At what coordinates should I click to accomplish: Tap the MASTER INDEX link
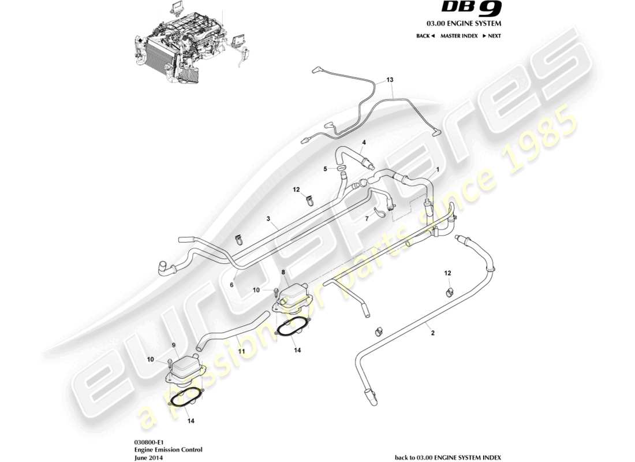coord(459,36)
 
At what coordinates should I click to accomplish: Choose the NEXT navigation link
coord(491,36)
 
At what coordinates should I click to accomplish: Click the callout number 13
coord(390,79)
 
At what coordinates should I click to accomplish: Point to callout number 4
coord(364,142)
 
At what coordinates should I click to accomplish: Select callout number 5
coord(326,169)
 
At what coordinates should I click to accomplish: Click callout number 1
coord(438,169)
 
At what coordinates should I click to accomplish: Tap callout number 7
coord(366,219)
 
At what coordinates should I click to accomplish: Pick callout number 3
coord(268,219)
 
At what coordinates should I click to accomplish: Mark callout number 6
coord(231,285)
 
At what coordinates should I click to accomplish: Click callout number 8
coord(283,271)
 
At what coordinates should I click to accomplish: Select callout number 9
coord(173,345)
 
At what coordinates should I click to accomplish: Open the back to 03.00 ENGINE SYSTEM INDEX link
coord(447,457)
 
